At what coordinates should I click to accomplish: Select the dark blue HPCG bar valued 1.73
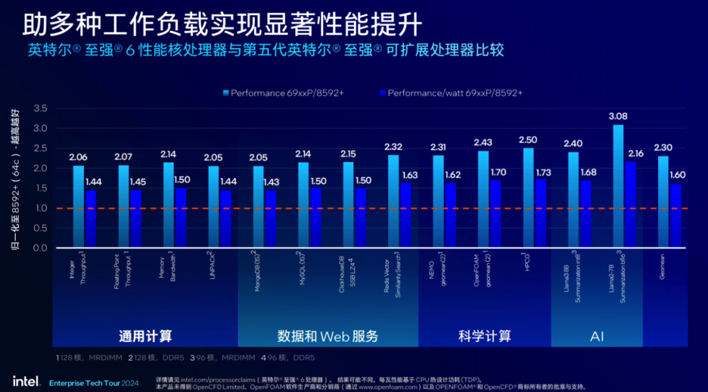pyautogui.click(x=541, y=214)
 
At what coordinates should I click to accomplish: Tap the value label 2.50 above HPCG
pyautogui.click(x=528, y=140)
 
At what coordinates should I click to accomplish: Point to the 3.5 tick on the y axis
pyautogui.click(x=40, y=108)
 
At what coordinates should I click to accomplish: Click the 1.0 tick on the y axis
pyautogui.click(x=40, y=208)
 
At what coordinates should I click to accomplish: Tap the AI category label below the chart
pyautogui.click(x=597, y=336)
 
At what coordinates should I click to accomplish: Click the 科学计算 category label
pyautogui.click(x=484, y=336)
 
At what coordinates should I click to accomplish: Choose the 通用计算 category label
pyautogui.click(x=146, y=336)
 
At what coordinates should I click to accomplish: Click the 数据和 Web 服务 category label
pyautogui.click(x=328, y=336)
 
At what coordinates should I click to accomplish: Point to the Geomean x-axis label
pyautogui.click(x=663, y=266)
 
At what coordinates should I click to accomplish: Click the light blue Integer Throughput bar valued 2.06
pyautogui.click(x=78, y=206)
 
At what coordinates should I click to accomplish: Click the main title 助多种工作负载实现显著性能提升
pyautogui.click(x=222, y=24)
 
